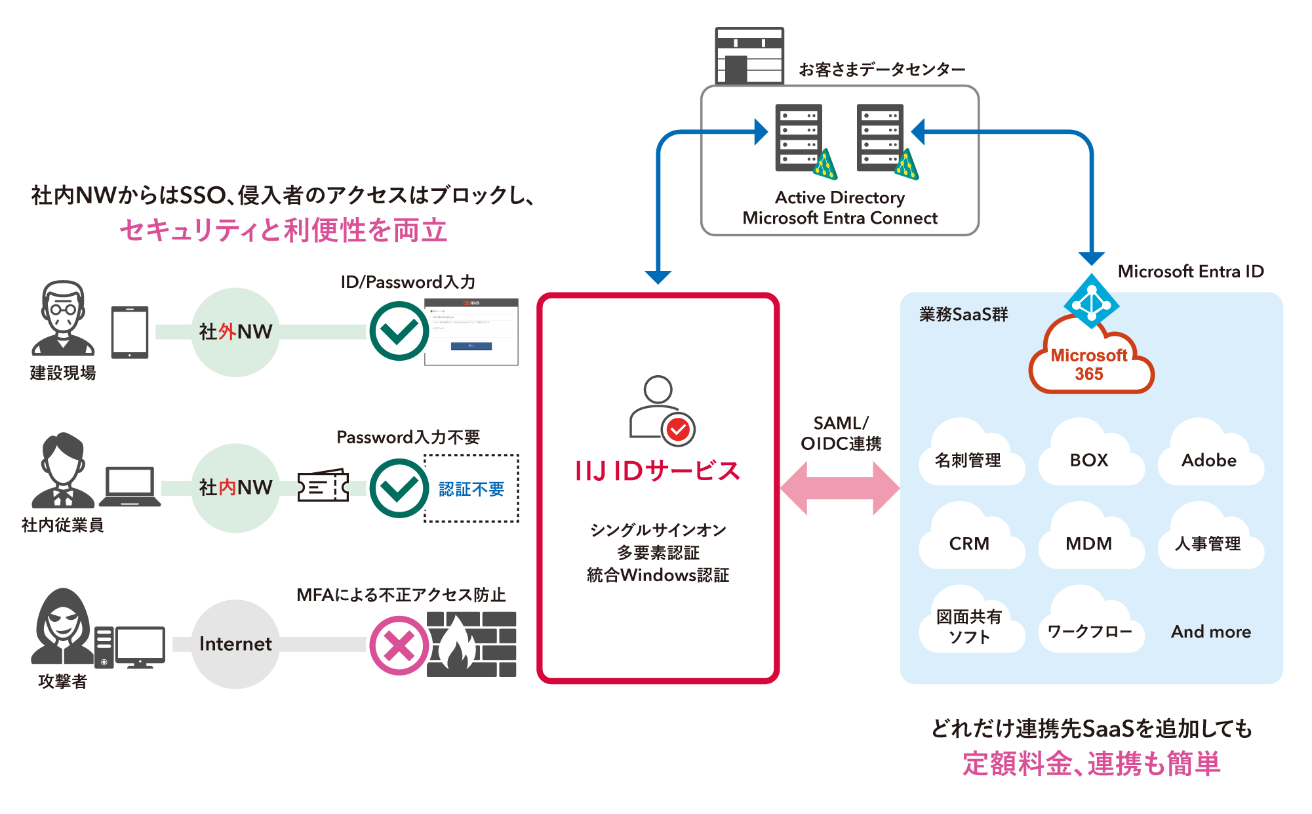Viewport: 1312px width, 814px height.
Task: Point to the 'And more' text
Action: click(x=1211, y=632)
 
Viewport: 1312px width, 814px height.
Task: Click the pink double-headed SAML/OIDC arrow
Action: click(x=840, y=488)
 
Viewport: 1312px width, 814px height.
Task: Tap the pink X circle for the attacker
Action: click(x=399, y=645)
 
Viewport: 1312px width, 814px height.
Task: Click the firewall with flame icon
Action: click(x=471, y=644)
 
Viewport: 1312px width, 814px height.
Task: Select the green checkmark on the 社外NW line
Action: click(x=399, y=331)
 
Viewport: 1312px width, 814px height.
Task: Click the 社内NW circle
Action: click(x=235, y=487)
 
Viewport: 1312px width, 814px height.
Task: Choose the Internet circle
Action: click(x=235, y=643)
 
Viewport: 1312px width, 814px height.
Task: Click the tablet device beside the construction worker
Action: click(x=130, y=332)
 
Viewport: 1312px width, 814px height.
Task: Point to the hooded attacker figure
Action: click(x=63, y=627)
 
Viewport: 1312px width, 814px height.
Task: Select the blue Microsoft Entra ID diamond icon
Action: click(x=1091, y=302)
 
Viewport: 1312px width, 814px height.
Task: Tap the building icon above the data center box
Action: click(x=749, y=56)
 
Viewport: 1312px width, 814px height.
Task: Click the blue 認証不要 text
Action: click(x=471, y=489)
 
